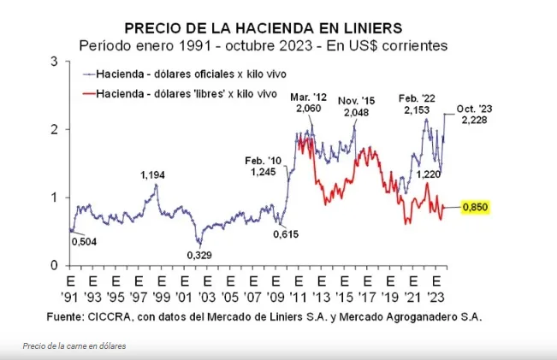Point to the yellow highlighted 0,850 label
tap(475, 207)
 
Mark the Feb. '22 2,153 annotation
tap(420, 104)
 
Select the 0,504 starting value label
tap(83, 242)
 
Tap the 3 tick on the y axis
tap(54, 62)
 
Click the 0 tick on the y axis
tap(54, 266)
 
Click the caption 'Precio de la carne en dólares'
tap(74, 345)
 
